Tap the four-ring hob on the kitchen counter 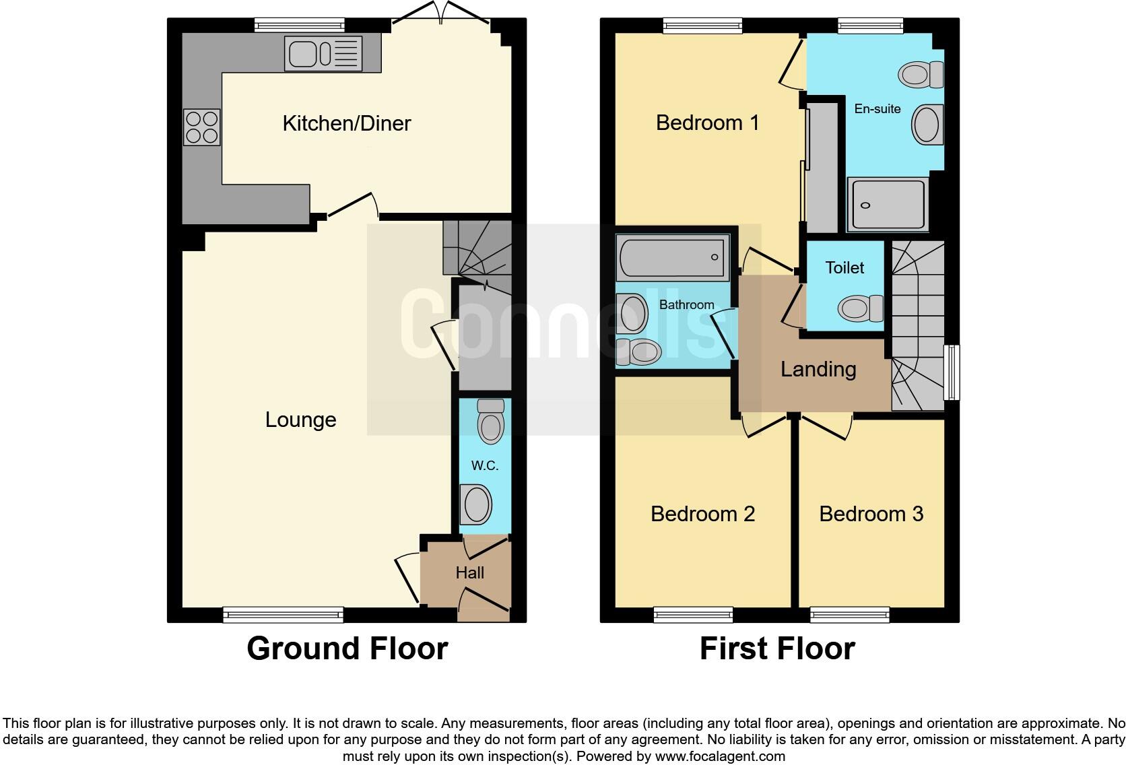point(201,127)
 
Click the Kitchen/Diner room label point(346,123)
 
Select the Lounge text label point(300,420)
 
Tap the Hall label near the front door point(469,573)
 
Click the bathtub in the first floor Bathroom point(673,257)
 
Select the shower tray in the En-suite point(888,204)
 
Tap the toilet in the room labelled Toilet point(860,308)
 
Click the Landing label point(818,369)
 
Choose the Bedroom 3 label point(871,514)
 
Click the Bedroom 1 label point(707,123)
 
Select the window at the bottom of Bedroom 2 point(693,614)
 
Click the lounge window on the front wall point(283,614)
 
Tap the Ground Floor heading point(347,648)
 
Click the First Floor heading point(776,648)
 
